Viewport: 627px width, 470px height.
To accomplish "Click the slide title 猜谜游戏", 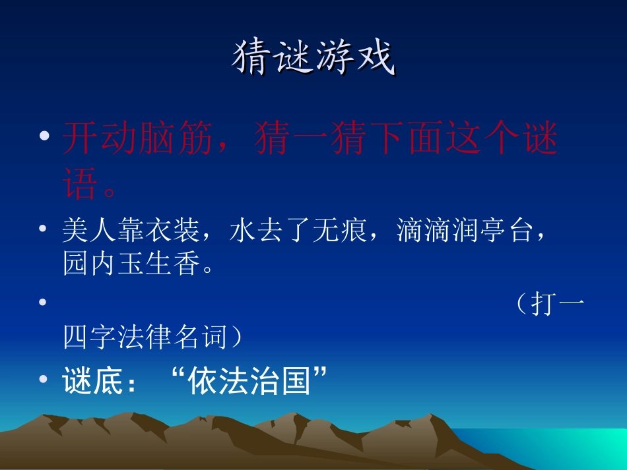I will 313,58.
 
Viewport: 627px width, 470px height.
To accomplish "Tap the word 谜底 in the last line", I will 93,381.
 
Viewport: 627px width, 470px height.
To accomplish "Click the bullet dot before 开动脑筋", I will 45,136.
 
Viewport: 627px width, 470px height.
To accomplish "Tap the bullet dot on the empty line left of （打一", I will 43,303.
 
